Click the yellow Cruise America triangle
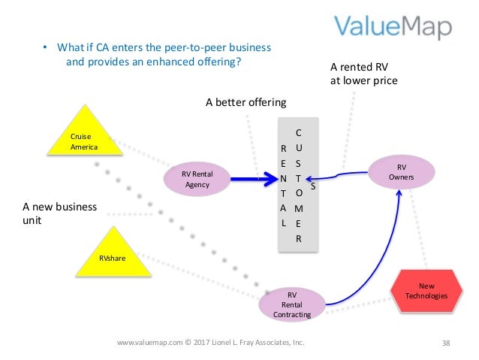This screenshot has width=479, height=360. click(84, 136)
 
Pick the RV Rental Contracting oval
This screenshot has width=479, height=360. click(292, 304)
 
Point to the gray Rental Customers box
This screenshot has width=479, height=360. click(298, 185)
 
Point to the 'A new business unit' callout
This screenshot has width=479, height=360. click(59, 214)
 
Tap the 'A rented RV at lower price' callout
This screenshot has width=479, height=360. click(363, 74)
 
